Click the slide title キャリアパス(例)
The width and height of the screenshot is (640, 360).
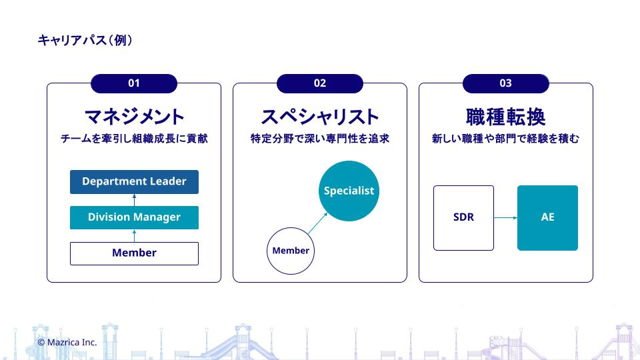[85, 40]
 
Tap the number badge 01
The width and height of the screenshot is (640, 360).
[134, 83]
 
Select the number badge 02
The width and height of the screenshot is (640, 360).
[320, 83]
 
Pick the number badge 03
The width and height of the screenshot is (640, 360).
[506, 83]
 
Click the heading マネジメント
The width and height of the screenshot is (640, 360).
[134, 117]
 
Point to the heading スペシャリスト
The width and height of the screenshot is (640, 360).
[320, 117]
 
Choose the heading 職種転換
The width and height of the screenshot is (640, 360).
[506, 117]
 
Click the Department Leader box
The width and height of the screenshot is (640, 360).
[134, 181]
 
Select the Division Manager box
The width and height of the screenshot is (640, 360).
[134, 217]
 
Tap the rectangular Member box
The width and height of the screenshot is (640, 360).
[134, 253]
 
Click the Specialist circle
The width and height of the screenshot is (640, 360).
[349, 191]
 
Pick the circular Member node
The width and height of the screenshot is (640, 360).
[291, 251]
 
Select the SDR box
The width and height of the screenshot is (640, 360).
[464, 217]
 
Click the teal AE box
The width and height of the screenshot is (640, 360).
[548, 217]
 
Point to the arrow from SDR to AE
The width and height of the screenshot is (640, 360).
[506, 217]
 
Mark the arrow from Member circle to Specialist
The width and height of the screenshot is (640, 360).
[317, 223]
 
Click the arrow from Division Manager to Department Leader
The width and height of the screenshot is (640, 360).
[134, 200]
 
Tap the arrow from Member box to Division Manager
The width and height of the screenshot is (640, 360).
[134, 235]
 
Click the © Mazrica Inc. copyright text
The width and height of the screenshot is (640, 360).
[67, 343]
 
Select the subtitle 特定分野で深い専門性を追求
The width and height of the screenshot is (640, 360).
[320, 139]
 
